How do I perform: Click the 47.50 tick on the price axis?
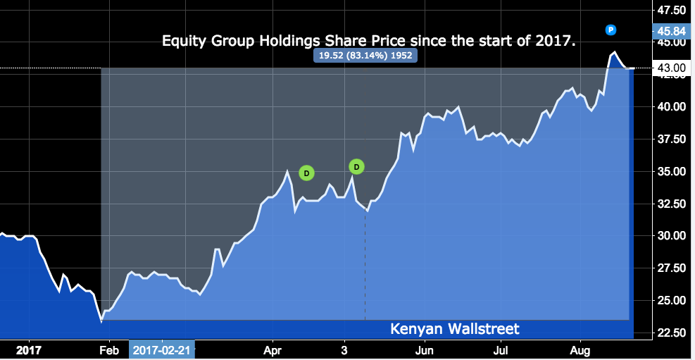671,11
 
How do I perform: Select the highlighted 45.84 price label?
670,31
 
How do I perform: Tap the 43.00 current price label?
670,68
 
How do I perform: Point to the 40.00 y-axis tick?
671,106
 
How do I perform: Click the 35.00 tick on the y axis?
671,171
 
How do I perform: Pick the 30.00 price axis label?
671,236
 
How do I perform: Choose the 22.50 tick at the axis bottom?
671,333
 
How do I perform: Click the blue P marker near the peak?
611,30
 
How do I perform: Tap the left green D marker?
306,173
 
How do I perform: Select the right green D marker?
356,167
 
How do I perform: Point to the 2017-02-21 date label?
162,349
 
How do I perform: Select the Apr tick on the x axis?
273,349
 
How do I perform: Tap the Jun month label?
424,349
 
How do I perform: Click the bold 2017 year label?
29,349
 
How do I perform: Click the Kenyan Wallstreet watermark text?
454,329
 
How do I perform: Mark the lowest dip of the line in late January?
101,321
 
